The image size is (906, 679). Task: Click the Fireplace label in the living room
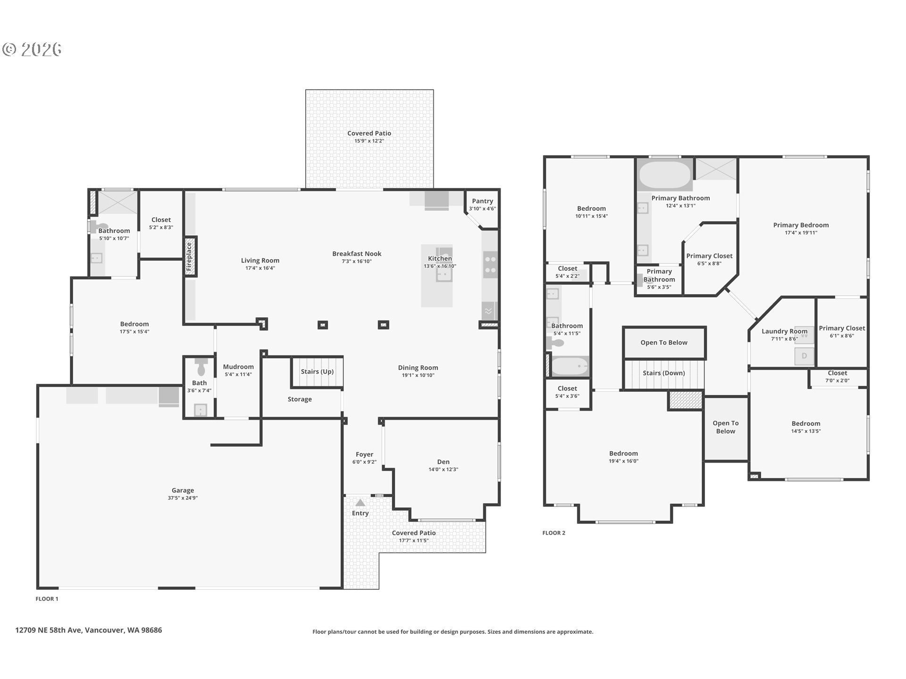pyautogui.click(x=189, y=257)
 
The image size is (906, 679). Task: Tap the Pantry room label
pyautogui.click(x=482, y=201)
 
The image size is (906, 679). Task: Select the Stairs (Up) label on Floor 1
pyautogui.click(x=317, y=372)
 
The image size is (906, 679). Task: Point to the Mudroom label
pyautogui.click(x=238, y=367)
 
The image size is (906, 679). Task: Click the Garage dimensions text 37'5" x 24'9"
pyautogui.click(x=183, y=498)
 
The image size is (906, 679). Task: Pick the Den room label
pyautogui.click(x=443, y=462)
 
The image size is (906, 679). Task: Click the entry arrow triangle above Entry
pyautogui.click(x=360, y=503)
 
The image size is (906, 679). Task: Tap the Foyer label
pyautogui.click(x=364, y=455)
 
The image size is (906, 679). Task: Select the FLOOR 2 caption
pyautogui.click(x=554, y=533)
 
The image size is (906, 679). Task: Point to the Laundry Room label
pyautogui.click(x=784, y=331)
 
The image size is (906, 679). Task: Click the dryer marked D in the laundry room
pyautogui.click(x=804, y=356)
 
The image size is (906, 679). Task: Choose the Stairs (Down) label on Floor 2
pyautogui.click(x=663, y=373)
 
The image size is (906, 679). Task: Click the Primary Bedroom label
pyautogui.click(x=801, y=225)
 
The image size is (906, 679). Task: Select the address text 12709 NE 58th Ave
pyautogui.click(x=49, y=630)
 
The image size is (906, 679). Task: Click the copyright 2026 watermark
pyautogui.click(x=32, y=50)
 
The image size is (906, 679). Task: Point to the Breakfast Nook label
pyautogui.click(x=357, y=254)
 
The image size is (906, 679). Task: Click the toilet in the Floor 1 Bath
pyautogui.click(x=201, y=365)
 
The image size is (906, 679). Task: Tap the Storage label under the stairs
pyautogui.click(x=300, y=399)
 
